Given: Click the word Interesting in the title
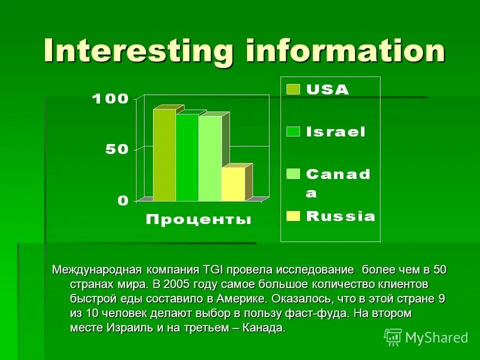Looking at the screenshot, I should click(138, 50).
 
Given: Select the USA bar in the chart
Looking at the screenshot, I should click(164, 155).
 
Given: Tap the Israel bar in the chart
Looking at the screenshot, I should click(187, 157).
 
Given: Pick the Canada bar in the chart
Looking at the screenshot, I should click(210, 158).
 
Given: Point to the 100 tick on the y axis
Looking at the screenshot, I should click(110, 98).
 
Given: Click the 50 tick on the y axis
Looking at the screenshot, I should click(116, 149).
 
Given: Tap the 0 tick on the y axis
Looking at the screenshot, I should click(123, 200).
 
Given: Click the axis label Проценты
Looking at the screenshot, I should click(198, 219).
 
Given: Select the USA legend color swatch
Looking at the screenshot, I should click(293, 89).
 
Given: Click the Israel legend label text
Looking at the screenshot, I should click(335, 132).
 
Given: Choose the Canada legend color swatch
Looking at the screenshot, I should click(293, 174).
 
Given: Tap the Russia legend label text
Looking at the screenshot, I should click(340, 216).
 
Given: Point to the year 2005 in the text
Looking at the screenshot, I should click(177, 284).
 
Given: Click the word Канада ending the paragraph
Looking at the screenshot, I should click(264, 328).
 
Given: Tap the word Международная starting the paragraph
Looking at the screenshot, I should click(97, 270).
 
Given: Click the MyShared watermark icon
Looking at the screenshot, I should click(393, 337).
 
